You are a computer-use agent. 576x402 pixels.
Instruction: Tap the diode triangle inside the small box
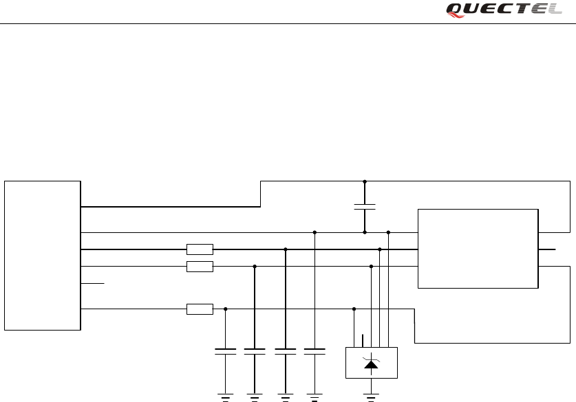372,364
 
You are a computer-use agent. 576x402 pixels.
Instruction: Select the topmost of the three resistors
200,249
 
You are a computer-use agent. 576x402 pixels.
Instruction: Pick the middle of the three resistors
200,266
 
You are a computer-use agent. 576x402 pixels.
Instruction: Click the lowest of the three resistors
200,309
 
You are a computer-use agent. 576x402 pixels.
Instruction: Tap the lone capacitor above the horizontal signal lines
365,207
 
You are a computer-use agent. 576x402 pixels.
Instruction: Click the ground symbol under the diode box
372,395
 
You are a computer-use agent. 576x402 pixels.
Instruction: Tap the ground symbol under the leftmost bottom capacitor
226,395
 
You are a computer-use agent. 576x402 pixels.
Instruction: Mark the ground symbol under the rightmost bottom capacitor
314,395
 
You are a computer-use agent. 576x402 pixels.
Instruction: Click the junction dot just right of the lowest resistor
226,309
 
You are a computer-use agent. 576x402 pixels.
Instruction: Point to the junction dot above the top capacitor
365,182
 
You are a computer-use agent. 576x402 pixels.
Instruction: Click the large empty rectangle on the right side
478,248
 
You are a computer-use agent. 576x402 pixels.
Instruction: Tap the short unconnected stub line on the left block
93,282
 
